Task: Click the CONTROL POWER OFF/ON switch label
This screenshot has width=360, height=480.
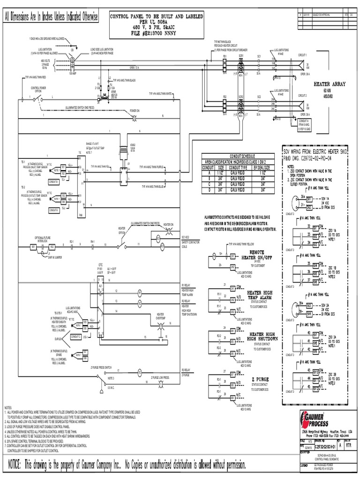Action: pyautogui.click(x=38, y=90)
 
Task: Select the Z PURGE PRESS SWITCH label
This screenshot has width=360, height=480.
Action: pyautogui.click(x=115, y=367)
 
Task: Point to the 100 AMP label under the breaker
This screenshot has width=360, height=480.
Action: pyautogui.click(x=72, y=74)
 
